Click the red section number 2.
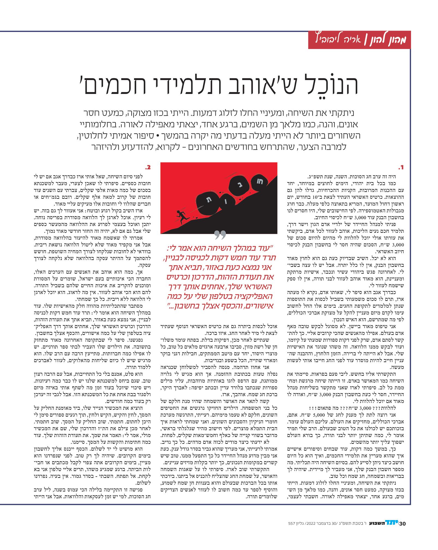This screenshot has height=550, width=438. point(148,167)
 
